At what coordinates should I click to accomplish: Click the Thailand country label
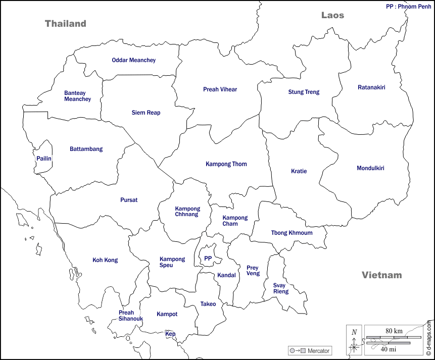pos(66,24)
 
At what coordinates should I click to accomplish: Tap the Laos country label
pos(332,15)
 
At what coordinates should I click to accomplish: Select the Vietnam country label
pos(381,275)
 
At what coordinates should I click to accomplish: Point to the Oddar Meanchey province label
pos(134,60)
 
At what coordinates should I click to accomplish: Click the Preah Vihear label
pos(220,89)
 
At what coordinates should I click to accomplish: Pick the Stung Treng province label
pos(304,92)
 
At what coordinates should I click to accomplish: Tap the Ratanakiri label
pos(371,87)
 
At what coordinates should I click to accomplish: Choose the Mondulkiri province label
pos(370,168)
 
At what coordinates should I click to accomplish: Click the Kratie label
pos(299,171)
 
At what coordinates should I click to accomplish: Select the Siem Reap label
pos(146,113)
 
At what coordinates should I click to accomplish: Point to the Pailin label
pos(44,159)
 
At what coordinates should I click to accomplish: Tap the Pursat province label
pos(129,200)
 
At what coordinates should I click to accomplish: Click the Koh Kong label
pos(105,260)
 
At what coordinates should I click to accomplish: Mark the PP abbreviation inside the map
pos(208,259)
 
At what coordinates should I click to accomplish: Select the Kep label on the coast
pos(170,334)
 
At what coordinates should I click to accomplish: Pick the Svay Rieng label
pos(281,288)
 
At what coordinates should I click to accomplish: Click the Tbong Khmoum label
pos(292,233)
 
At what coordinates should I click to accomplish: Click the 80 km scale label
pos(394,331)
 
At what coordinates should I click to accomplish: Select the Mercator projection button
pos(309,350)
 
